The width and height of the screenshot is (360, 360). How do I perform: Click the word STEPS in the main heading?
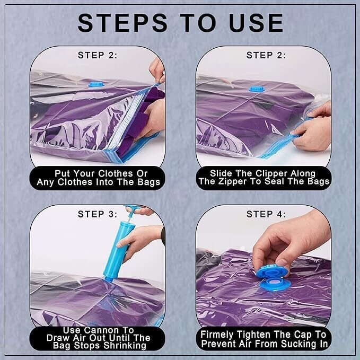(x=122, y=23)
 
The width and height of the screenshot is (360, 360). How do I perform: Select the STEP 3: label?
(x=98, y=214)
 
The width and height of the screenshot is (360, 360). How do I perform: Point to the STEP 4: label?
(x=266, y=214)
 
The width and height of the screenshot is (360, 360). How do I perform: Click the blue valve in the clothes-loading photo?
(x=96, y=84)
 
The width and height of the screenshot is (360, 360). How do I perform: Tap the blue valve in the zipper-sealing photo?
(x=257, y=89)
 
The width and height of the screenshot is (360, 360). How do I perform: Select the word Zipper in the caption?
(x=233, y=181)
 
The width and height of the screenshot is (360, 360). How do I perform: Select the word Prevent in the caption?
(x=219, y=344)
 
